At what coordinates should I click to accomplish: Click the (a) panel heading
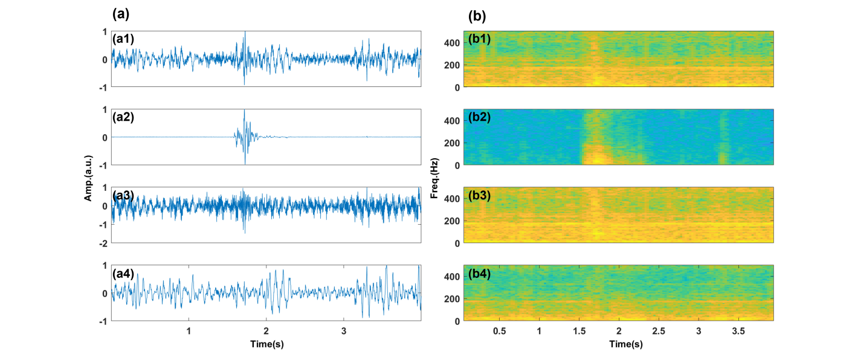point(120,13)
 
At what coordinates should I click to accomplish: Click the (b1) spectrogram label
point(479,39)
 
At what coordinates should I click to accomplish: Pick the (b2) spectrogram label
point(479,117)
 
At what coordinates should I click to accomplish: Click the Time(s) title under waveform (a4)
point(266,344)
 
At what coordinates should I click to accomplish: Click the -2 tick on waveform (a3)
point(103,243)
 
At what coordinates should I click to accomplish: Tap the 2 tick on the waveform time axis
point(266,332)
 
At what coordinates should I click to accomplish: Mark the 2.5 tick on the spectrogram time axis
point(659,332)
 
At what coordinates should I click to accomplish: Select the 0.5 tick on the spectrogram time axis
point(499,332)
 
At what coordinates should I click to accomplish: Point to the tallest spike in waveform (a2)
point(244,111)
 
